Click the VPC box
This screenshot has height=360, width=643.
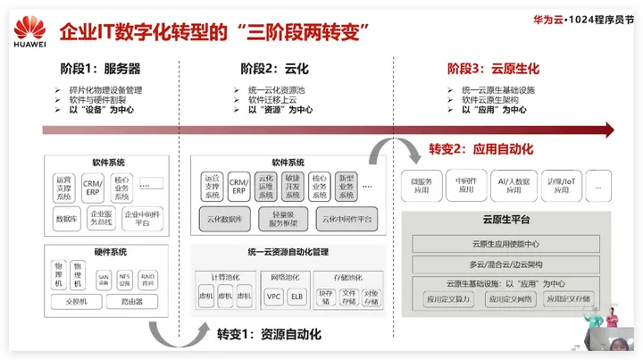(274, 296)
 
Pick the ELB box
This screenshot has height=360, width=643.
(296, 296)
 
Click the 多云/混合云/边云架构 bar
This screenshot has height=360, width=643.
(506, 264)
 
